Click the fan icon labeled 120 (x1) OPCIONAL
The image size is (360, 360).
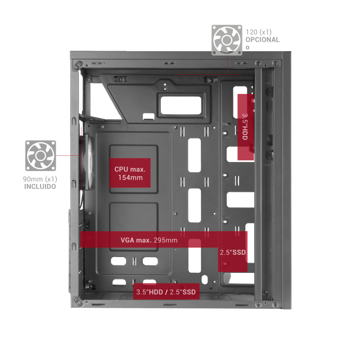[227, 40]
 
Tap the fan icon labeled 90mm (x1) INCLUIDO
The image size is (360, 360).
[40, 156]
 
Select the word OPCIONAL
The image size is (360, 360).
[263, 40]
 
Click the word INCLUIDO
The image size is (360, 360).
[40, 186]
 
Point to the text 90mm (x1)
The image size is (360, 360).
[40, 179]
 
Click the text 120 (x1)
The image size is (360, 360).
[259, 32]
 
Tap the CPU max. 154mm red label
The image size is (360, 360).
[130, 173]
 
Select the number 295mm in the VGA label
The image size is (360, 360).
[165, 240]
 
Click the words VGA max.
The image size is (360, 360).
[136, 240]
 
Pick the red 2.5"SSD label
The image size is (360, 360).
[233, 252]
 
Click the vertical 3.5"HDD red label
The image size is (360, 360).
[245, 127]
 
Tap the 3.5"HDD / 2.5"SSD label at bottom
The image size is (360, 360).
[166, 291]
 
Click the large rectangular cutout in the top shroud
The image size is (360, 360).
[181, 105]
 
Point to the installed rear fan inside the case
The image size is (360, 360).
[88, 161]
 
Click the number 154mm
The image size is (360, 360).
[130, 178]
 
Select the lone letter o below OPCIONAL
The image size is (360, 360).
[247, 47]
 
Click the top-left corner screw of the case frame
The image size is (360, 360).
[78, 65]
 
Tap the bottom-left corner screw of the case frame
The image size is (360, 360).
[78, 301]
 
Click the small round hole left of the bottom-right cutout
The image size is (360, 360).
[204, 280]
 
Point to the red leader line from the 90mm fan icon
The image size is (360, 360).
[68, 155]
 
